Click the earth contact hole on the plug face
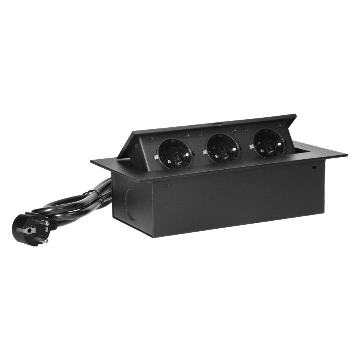point(29,230)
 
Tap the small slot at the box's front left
point(165,185)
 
